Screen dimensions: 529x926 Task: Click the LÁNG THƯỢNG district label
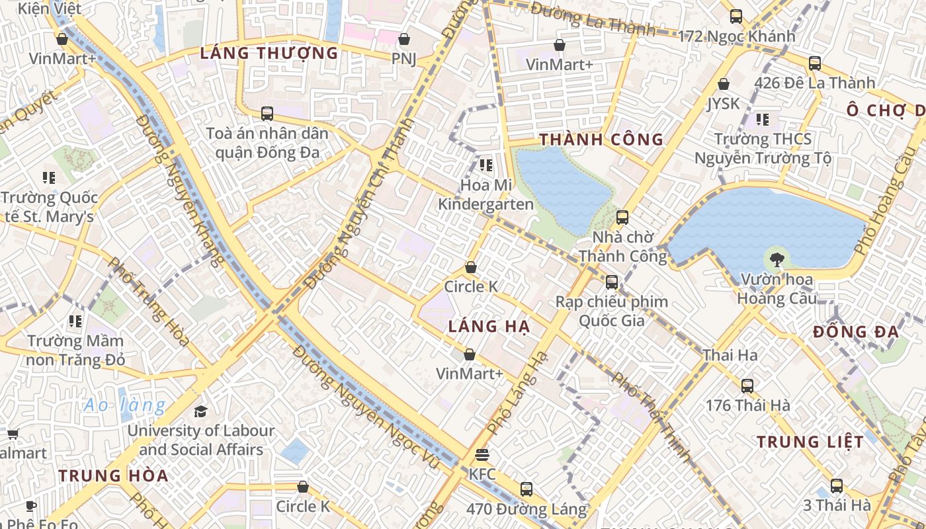[269, 53]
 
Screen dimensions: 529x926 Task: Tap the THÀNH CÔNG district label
[601, 140]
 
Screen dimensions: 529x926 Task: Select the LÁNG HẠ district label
[489, 326]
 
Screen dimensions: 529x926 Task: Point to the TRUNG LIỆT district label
[810, 442]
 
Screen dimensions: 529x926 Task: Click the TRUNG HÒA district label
[112, 475]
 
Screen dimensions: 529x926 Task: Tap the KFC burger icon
[482, 455]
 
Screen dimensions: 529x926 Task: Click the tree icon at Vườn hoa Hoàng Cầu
[777, 260]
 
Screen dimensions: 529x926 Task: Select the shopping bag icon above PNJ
[404, 39]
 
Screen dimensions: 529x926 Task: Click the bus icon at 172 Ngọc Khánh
[736, 17]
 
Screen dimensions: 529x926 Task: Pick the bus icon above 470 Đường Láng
[526, 489]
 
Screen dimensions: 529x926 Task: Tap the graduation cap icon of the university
[200, 411]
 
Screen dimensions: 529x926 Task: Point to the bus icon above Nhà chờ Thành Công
[622, 217]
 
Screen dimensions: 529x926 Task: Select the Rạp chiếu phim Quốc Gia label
[611, 311]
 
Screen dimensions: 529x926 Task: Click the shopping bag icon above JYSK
[724, 84]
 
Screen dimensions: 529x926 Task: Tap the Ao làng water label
[124, 405]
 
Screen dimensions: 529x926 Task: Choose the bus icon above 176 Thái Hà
[747, 386]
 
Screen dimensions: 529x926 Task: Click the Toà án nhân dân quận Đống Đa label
[267, 143]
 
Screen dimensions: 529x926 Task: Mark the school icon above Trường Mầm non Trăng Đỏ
[75, 321]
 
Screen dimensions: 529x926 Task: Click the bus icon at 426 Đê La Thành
[815, 63]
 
